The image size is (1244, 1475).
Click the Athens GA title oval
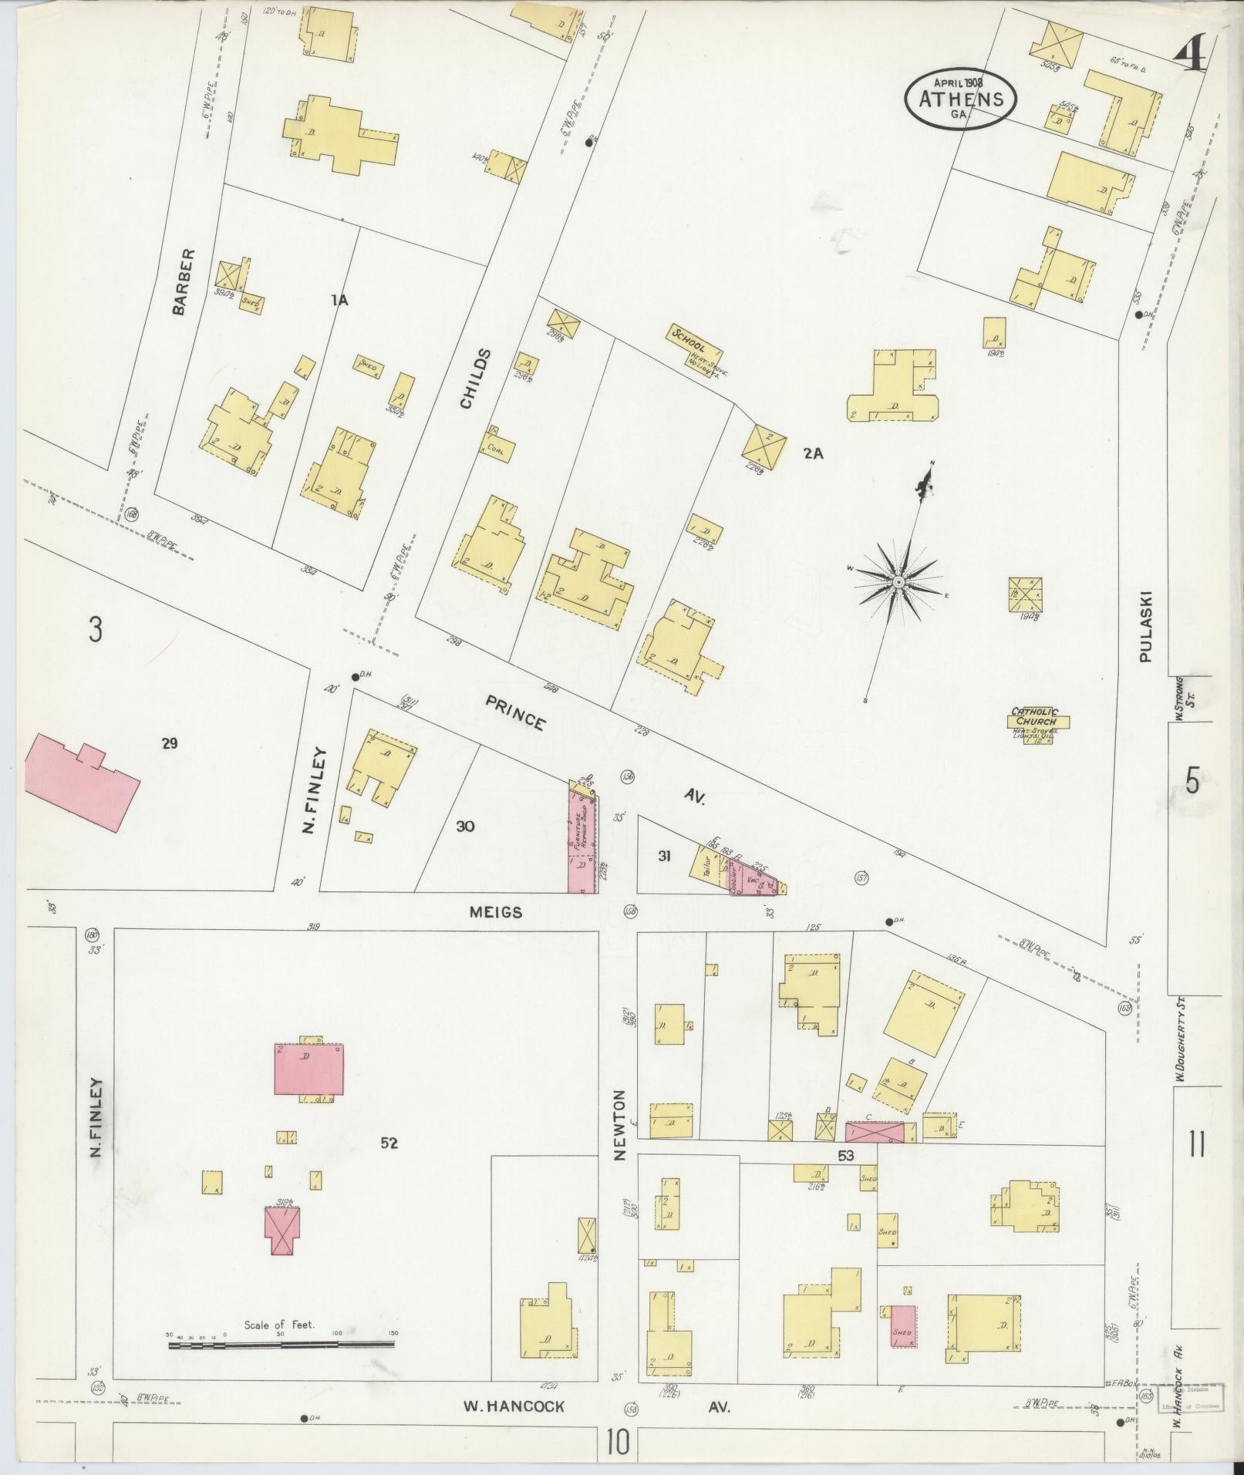click(x=960, y=99)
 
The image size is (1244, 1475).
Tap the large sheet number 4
click(x=1192, y=56)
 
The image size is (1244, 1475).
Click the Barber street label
click(x=180, y=281)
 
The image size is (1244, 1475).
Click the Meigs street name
click(x=496, y=912)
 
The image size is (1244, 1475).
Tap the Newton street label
click(x=621, y=1134)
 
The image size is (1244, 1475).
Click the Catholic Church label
click(x=1036, y=717)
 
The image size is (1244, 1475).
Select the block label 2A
click(x=813, y=454)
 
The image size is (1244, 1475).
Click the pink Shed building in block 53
click(x=902, y=1325)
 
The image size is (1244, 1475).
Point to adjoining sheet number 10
click(x=618, y=1442)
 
